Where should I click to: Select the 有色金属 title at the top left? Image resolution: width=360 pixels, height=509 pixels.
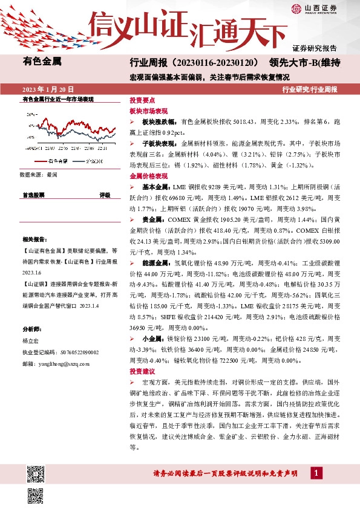(x=42, y=61)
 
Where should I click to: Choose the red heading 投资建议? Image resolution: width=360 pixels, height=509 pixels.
(x=143, y=371)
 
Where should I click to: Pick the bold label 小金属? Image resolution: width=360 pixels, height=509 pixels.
(x=151, y=339)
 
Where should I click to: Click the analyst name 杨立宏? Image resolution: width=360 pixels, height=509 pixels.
(x=30, y=341)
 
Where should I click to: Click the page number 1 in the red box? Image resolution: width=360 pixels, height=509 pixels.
(x=316, y=473)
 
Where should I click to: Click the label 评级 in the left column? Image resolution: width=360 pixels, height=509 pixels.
(x=105, y=195)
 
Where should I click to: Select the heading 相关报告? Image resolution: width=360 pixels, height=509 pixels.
(x=33, y=239)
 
